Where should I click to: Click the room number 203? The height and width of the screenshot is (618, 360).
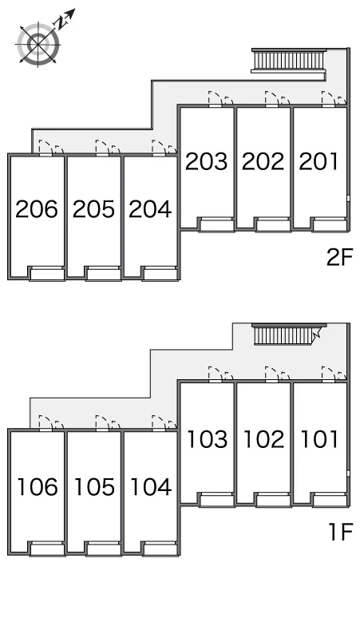click(x=207, y=161)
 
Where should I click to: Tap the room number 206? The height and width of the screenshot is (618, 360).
click(x=37, y=209)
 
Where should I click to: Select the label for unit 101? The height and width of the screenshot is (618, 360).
click(x=319, y=439)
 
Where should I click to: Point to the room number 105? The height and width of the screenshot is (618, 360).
click(x=94, y=487)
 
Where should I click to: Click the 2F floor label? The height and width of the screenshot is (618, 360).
click(x=340, y=257)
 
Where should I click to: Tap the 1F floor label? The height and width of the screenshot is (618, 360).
click(x=341, y=532)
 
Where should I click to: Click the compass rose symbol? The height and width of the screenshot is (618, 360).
click(x=38, y=44)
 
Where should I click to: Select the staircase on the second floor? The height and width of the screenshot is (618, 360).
click(x=289, y=61)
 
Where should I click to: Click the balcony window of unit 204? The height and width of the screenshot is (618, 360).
click(x=159, y=273)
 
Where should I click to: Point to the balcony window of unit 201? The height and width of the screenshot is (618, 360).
click(x=330, y=224)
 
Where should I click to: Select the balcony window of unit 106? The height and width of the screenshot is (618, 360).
click(x=47, y=549)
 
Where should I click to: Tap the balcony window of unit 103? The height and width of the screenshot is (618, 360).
click(x=216, y=499)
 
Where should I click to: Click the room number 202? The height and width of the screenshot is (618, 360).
click(x=263, y=161)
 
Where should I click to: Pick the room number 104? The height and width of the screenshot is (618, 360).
click(x=151, y=487)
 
